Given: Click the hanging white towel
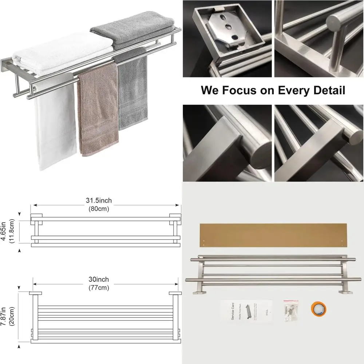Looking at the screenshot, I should coord(55,124).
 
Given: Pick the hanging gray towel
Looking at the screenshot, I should coord(133,95).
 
